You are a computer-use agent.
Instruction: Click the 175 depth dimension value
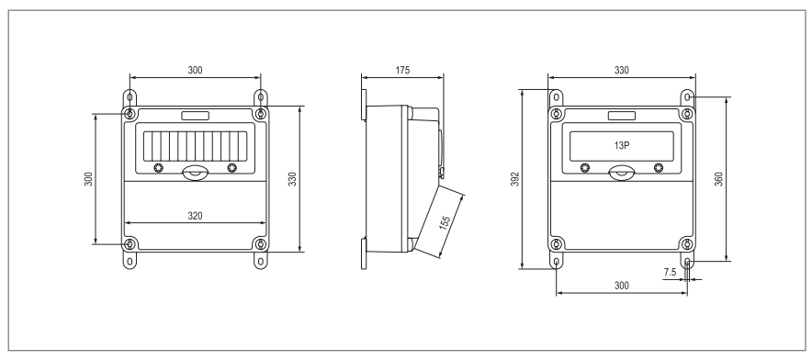pyautogui.click(x=402, y=71)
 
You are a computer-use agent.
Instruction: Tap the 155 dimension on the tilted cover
pyautogui.click(x=445, y=222)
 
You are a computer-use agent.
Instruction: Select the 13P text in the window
pyautogui.click(x=622, y=145)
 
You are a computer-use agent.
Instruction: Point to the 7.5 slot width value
pyautogui.click(x=671, y=272)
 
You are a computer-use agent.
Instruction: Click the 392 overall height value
pyautogui.click(x=514, y=179)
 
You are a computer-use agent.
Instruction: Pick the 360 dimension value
pyautogui.click(x=718, y=179)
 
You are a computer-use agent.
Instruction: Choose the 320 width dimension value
pyautogui.click(x=196, y=216)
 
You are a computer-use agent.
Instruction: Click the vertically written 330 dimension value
pyautogui.click(x=293, y=179)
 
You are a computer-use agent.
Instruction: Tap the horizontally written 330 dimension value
pyautogui.click(x=622, y=71)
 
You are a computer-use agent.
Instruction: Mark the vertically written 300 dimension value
pyautogui.click(x=88, y=179)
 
